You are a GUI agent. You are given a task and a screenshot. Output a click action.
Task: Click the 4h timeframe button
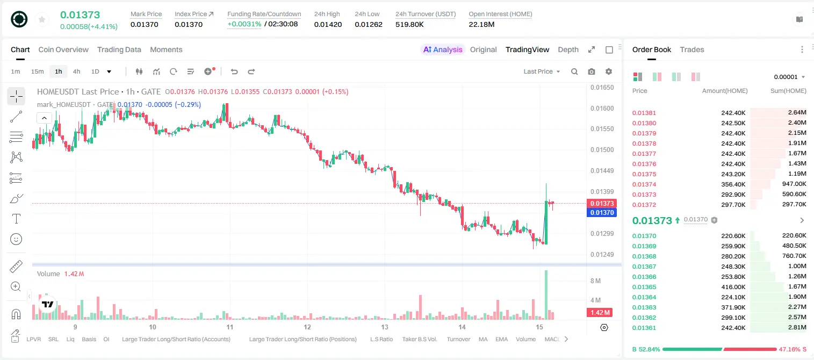(x=76, y=71)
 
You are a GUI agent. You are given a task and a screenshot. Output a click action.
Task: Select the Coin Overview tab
(x=63, y=49)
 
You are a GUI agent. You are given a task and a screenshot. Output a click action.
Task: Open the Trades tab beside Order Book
(x=691, y=49)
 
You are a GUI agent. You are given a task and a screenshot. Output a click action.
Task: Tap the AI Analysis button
(x=443, y=49)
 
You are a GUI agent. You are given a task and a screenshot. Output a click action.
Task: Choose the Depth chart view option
(x=568, y=49)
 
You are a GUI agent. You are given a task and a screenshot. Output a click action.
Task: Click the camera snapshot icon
(x=592, y=71)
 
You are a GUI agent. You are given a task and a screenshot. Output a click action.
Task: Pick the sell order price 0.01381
(x=644, y=113)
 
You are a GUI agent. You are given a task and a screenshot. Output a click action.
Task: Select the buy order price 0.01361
(x=644, y=328)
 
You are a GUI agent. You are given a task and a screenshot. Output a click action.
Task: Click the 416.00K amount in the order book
(x=733, y=287)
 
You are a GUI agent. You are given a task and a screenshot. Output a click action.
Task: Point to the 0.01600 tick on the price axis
(x=602, y=108)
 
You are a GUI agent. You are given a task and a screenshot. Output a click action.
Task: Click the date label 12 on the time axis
(x=307, y=327)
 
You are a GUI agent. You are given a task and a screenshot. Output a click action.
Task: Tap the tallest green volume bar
(x=546, y=295)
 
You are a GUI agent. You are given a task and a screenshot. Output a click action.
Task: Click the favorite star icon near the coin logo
(x=42, y=19)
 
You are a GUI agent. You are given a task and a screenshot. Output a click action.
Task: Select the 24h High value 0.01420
(x=328, y=24)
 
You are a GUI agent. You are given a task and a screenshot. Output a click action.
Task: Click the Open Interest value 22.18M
(x=481, y=24)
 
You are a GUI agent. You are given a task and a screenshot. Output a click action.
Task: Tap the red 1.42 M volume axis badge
(x=599, y=312)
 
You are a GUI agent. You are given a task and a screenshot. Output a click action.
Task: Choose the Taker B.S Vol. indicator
(x=419, y=339)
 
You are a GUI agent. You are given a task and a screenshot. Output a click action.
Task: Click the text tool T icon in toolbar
(x=16, y=219)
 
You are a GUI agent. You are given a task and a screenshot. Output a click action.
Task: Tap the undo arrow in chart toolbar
(x=234, y=71)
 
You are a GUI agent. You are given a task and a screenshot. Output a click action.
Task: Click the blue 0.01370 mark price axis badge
(x=602, y=213)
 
